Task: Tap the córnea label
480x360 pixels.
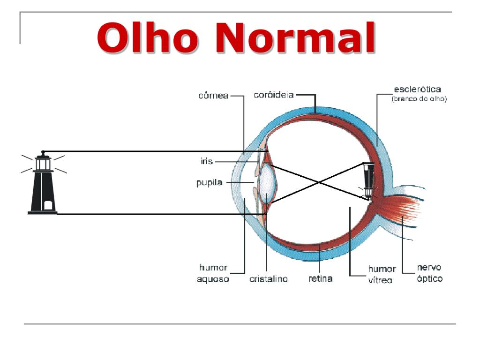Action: click(x=213, y=96)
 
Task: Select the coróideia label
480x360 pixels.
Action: click(x=273, y=95)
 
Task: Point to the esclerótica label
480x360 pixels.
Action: click(x=418, y=89)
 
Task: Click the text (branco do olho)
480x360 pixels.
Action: click(x=420, y=99)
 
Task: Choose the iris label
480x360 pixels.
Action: click(x=207, y=161)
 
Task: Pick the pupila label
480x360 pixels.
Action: click(x=209, y=182)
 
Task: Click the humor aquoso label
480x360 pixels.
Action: click(x=214, y=273)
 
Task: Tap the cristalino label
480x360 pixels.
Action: click(x=268, y=279)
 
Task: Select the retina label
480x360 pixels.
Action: click(x=321, y=278)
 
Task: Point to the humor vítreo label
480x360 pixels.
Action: click(x=382, y=274)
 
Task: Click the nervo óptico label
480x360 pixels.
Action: click(x=429, y=273)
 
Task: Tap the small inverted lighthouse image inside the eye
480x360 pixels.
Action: click(x=368, y=180)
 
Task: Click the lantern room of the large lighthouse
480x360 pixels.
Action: click(x=43, y=163)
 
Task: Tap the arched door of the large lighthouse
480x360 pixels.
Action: click(x=47, y=205)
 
